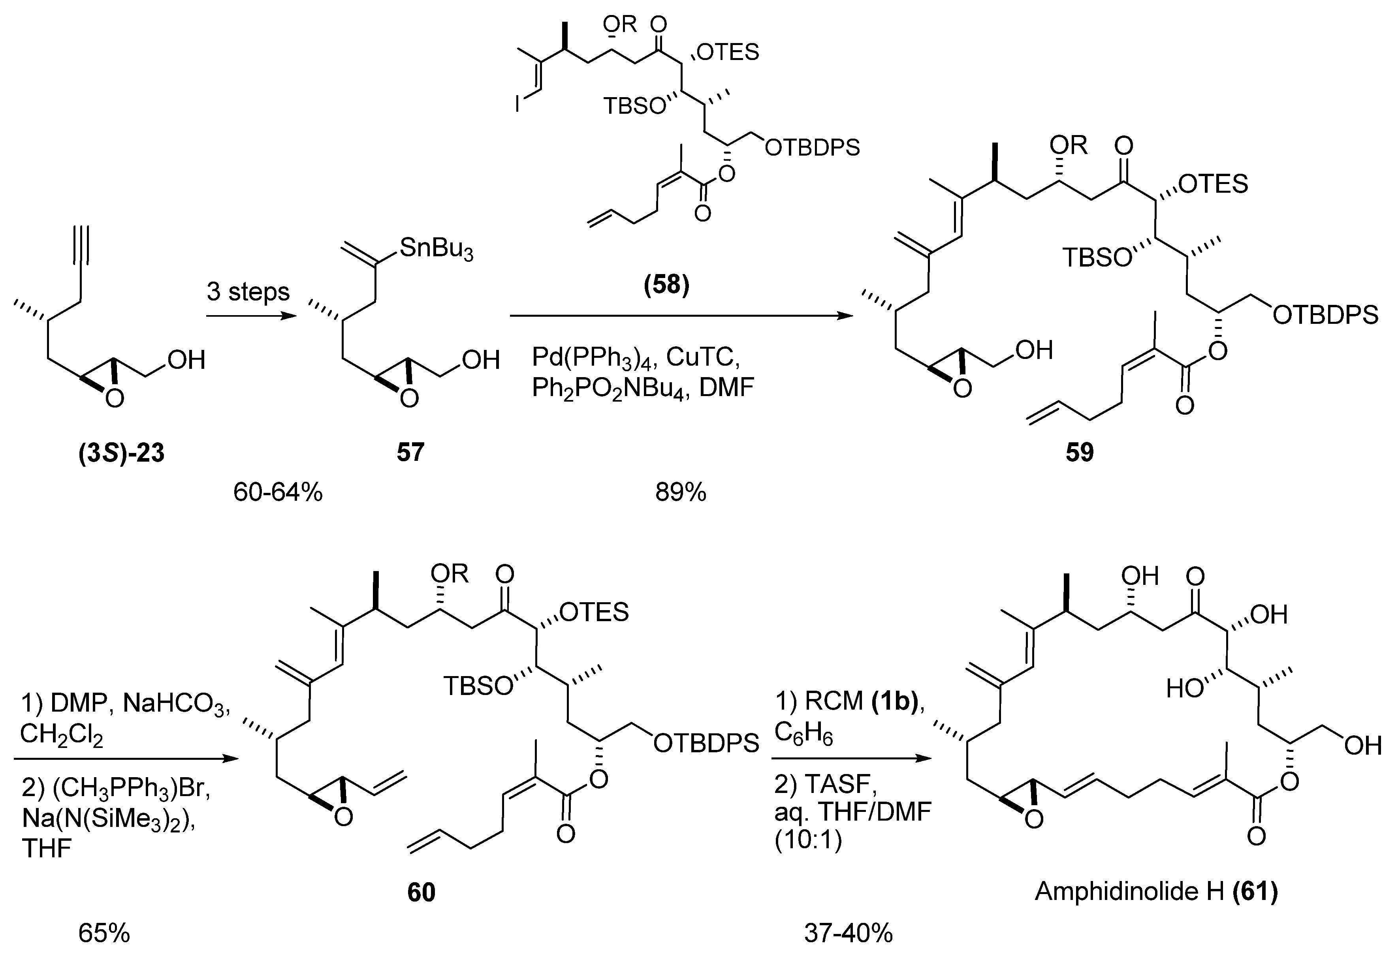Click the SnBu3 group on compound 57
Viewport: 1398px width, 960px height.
[436, 248]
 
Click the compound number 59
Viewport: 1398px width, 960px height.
[1079, 452]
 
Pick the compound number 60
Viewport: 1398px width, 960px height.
[421, 892]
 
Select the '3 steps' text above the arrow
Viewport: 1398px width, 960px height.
[248, 292]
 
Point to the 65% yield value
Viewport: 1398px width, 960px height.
[104, 933]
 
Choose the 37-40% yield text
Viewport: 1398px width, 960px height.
[848, 933]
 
